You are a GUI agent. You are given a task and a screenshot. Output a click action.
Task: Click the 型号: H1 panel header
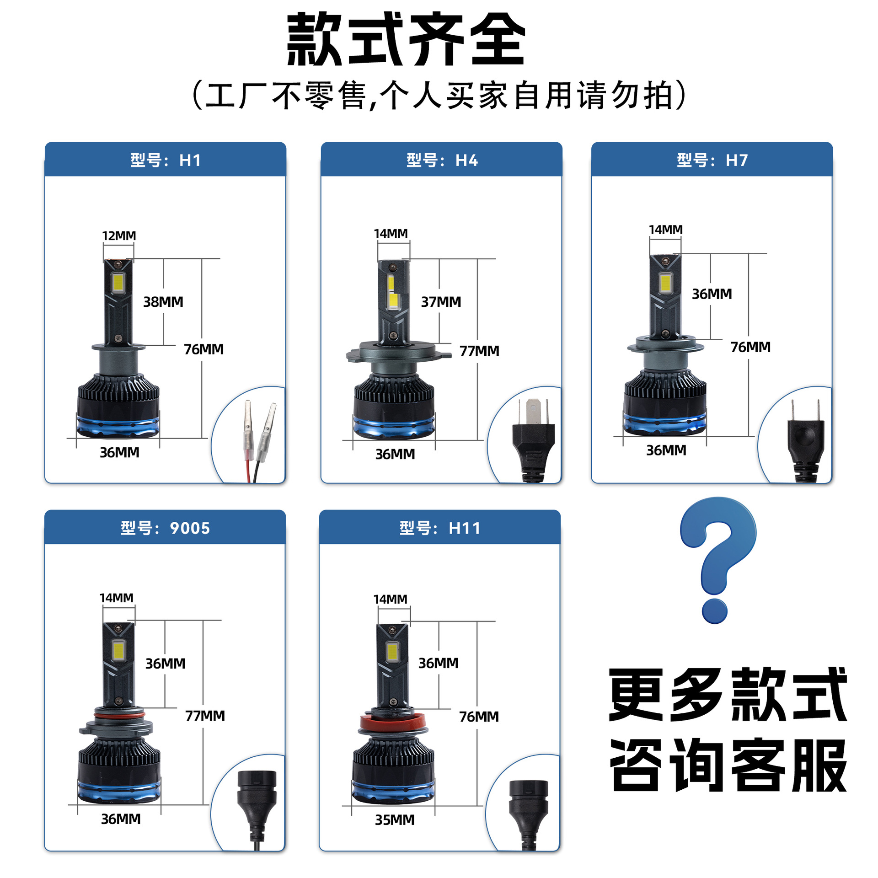click(x=166, y=160)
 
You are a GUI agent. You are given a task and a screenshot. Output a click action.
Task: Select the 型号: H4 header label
click(x=442, y=160)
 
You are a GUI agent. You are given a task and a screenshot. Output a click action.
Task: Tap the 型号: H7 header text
click(x=712, y=160)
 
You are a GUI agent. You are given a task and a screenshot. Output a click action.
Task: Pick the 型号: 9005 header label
click(x=165, y=528)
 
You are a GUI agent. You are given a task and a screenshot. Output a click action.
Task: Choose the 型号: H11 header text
click(x=440, y=528)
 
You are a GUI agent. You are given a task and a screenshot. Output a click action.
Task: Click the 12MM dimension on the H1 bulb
click(x=119, y=236)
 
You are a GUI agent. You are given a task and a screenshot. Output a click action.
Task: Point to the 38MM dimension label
click(x=163, y=302)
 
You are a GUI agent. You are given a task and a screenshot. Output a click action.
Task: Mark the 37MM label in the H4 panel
click(x=441, y=302)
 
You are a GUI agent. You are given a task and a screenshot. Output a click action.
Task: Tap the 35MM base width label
click(x=395, y=820)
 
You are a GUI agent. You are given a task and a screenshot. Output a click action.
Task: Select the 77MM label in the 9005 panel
click(x=205, y=716)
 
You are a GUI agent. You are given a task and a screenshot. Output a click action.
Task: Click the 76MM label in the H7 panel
click(x=750, y=347)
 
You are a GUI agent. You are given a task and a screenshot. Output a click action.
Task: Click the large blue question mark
click(x=717, y=560)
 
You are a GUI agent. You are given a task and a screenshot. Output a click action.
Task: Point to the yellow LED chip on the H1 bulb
click(x=118, y=283)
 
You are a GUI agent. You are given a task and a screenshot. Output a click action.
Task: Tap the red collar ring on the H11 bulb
click(x=393, y=722)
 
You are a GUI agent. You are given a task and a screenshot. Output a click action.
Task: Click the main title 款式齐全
click(x=406, y=40)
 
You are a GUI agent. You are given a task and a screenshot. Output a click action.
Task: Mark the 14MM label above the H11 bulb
click(x=390, y=599)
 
